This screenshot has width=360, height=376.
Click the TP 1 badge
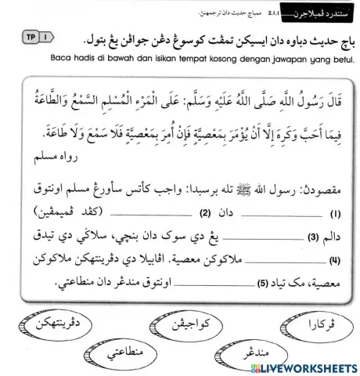pyautogui.click(x=30, y=37)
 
